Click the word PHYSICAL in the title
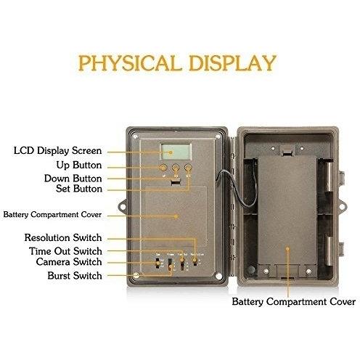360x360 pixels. click(x=130, y=63)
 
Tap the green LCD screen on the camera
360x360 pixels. click(x=176, y=152)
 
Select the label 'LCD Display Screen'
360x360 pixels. click(x=57, y=151)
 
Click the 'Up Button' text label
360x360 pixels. click(x=79, y=165)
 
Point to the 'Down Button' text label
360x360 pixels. click(x=73, y=179)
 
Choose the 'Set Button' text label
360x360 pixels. click(x=79, y=189)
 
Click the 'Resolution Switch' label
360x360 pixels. click(x=63, y=237)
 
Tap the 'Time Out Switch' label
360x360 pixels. click(x=65, y=251)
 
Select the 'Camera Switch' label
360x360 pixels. click(x=69, y=262)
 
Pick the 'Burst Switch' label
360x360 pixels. click(x=75, y=276)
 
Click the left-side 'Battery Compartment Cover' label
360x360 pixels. click(x=52, y=215)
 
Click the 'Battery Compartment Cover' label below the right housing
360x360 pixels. click(x=294, y=302)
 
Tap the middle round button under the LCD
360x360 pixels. click(x=176, y=168)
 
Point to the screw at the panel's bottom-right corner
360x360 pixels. click(x=218, y=276)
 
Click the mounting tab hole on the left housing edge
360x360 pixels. click(x=123, y=207)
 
